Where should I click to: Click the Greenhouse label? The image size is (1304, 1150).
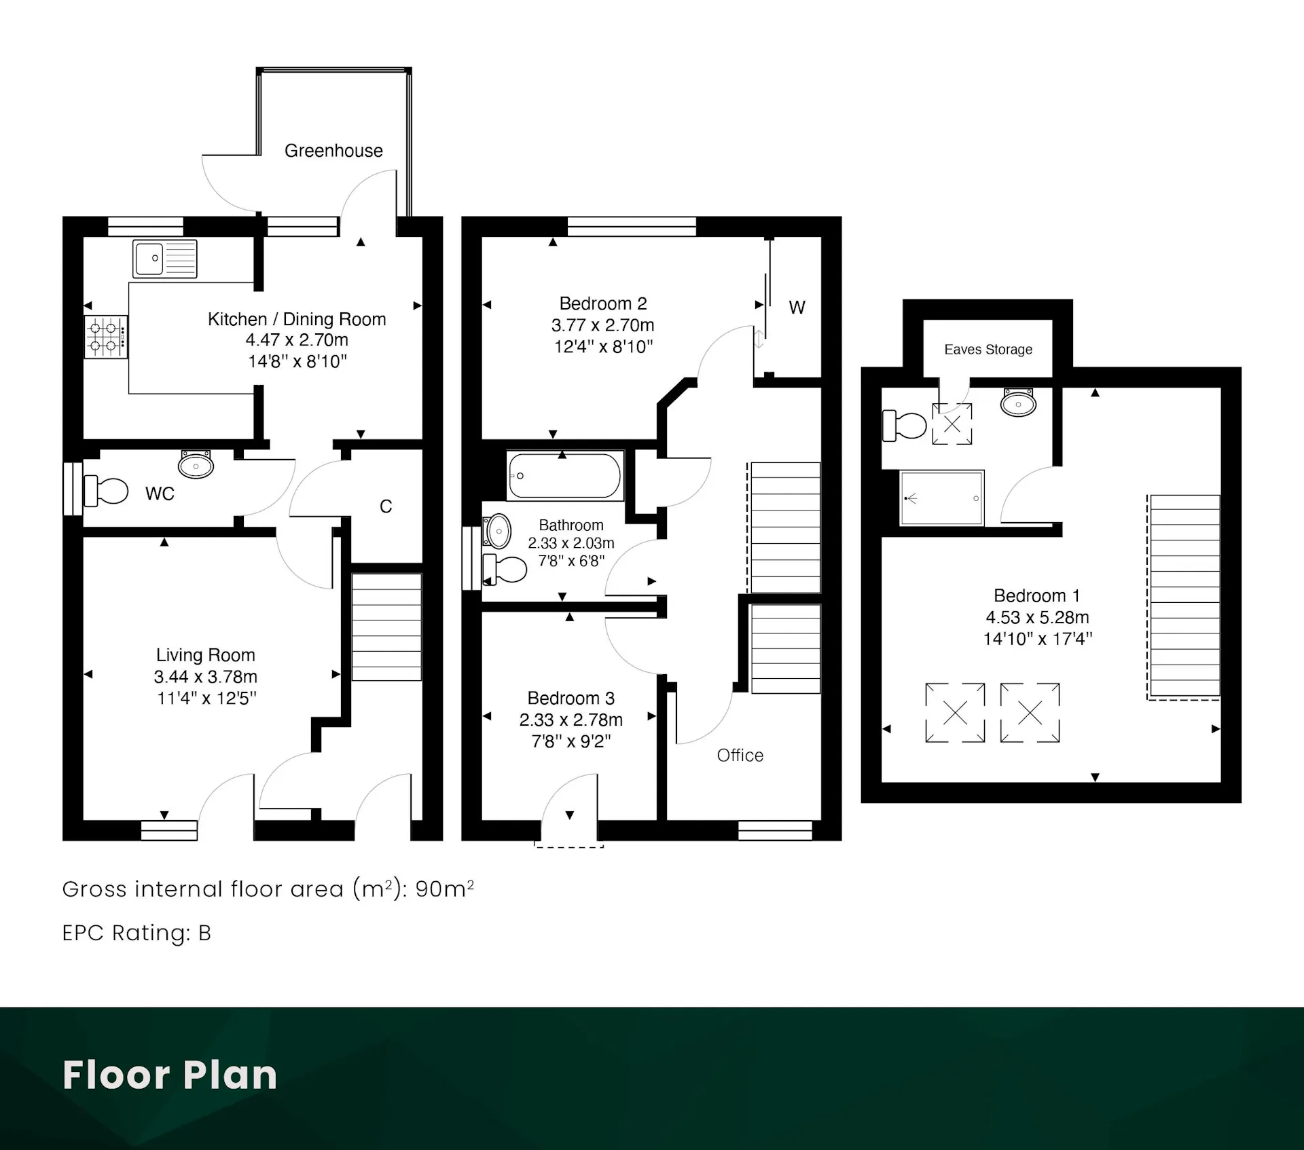coord(333,151)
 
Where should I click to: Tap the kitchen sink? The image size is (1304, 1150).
coord(165,259)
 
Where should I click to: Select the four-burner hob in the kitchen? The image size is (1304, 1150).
coord(106,337)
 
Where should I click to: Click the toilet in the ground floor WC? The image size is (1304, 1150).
coord(106,490)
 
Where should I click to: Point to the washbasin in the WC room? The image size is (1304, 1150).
coord(196,464)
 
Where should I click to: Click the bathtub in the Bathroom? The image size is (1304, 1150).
coord(564,476)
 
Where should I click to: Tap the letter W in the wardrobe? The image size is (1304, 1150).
coord(797,308)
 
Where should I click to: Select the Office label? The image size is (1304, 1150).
coord(740,756)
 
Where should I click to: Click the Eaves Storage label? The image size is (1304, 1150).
coord(988,350)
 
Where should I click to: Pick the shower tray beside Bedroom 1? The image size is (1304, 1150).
coord(942,498)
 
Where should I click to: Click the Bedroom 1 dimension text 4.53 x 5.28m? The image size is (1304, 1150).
coord(1037,618)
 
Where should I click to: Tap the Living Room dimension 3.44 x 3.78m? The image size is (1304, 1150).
coord(205,677)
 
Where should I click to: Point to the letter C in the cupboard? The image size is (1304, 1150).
coord(386,506)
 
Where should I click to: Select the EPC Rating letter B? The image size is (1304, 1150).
coord(204,933)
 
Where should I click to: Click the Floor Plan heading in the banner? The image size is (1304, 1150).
coord(170,1075)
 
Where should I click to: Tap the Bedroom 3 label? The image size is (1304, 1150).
coord(571,699)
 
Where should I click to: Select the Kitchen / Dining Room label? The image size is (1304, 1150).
coord(297,319)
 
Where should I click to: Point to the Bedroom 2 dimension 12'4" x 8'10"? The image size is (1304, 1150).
coord(603,347)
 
